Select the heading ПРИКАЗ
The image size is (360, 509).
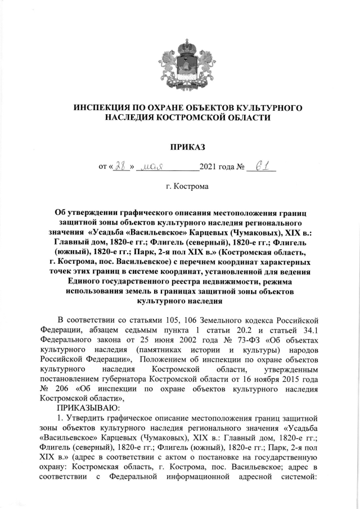pos(179,147)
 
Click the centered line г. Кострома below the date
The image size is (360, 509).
pos(179,186)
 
